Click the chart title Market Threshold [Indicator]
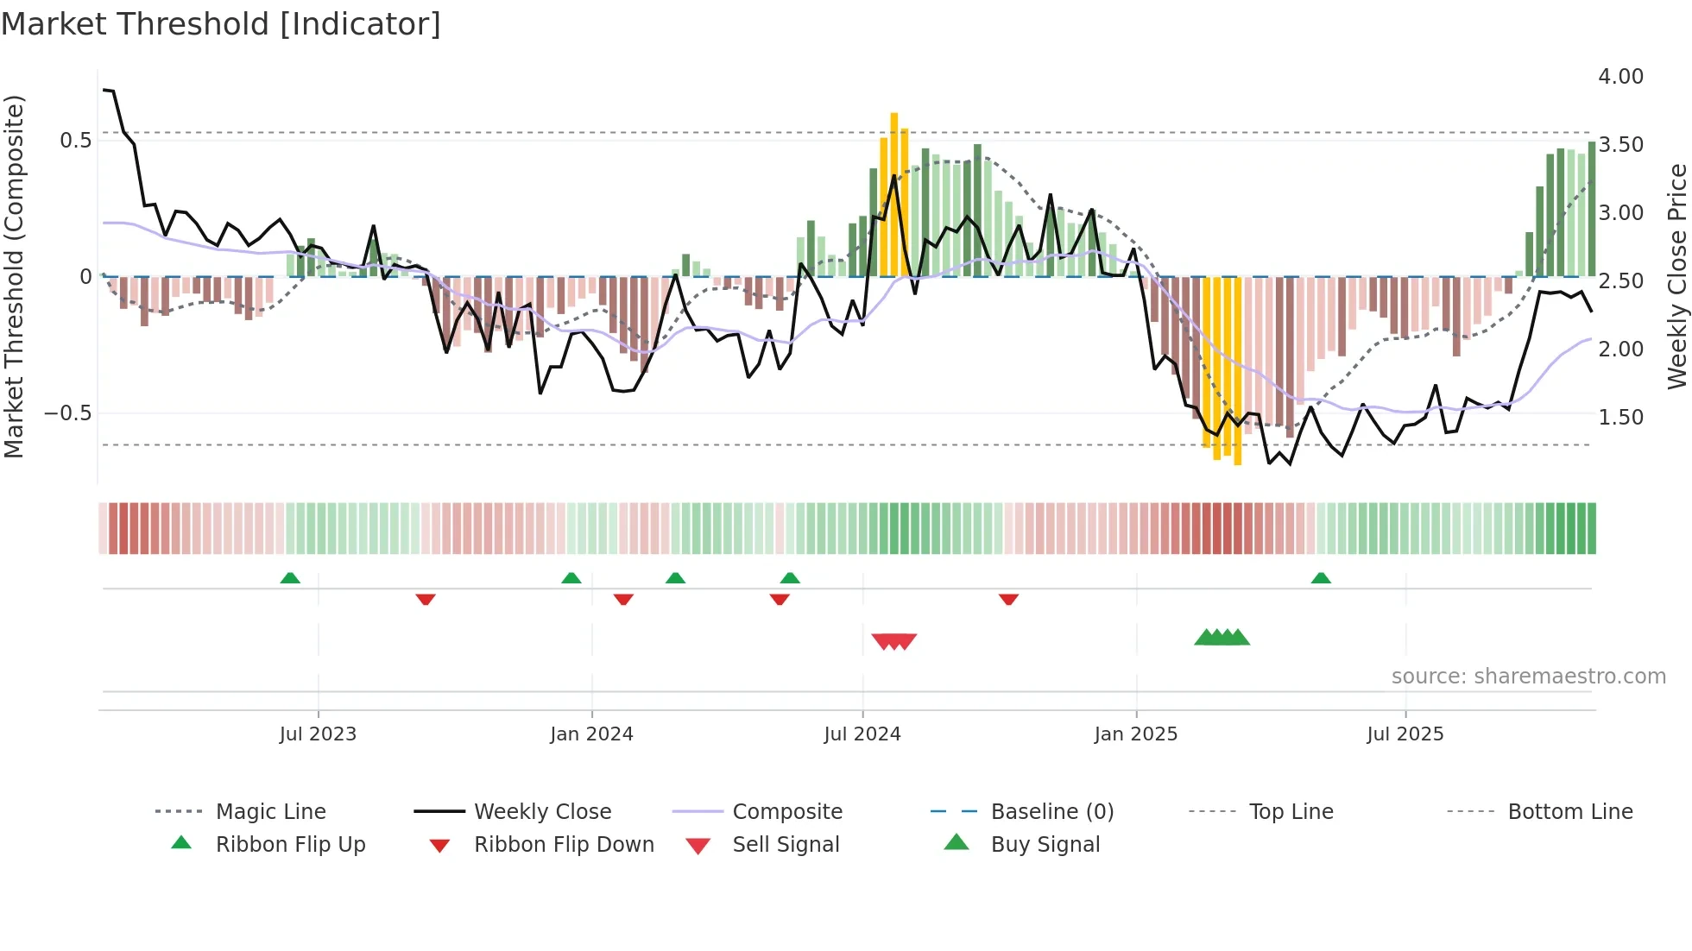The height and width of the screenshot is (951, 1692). tap(221, 24)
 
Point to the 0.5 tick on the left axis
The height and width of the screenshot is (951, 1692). tap(75, 141)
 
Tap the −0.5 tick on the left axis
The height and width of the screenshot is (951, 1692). tap(68, 413)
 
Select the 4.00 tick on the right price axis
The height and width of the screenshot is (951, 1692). tap(1620, 77)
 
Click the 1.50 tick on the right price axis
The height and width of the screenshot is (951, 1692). tap(1620, 418)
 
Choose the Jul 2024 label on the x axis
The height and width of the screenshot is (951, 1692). tap(862, 734)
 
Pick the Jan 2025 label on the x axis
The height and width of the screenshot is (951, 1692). tap(1135, 734)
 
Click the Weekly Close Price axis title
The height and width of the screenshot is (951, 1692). tap(1676, 276)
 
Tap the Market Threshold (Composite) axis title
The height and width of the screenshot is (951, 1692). tap(14, 276)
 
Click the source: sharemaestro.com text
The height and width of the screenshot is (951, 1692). tap(1528, 677)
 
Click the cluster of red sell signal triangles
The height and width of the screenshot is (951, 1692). tap(893, 641)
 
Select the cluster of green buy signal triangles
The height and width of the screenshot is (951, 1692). tap(1222, 638)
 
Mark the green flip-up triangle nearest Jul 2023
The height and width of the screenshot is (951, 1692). tap(290, 578)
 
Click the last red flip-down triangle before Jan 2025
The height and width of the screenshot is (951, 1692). tap(1008, 599)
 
